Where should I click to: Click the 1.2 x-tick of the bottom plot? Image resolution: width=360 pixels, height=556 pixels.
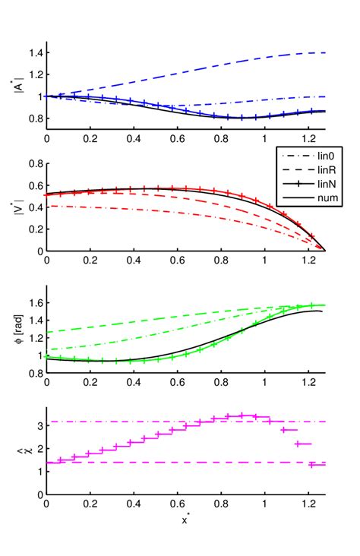(308, 504)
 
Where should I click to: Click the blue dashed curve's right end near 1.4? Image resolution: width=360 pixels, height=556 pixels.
(323, 53)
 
